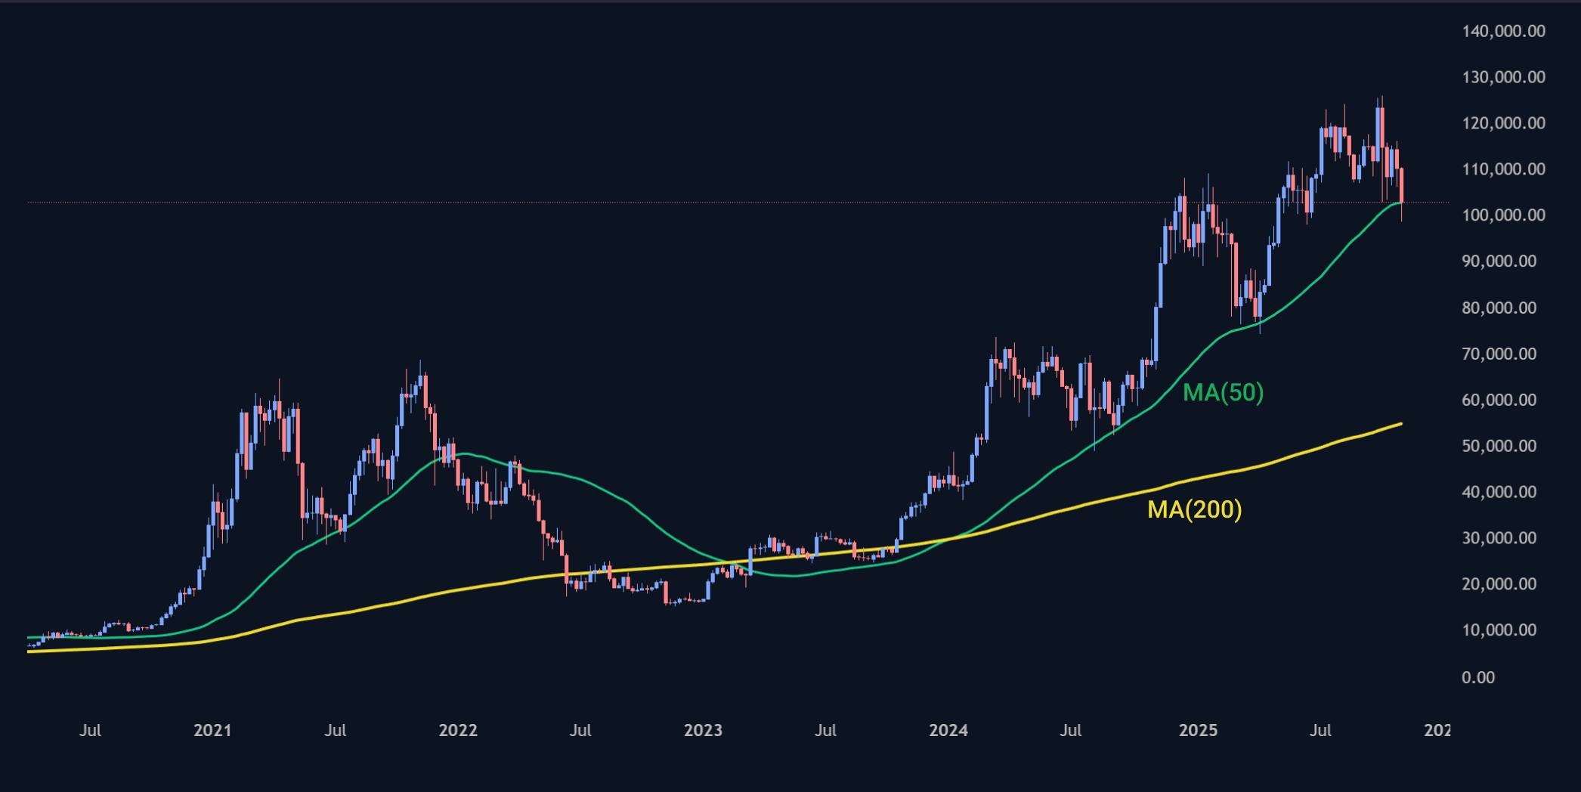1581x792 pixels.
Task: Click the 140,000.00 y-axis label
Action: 1503,31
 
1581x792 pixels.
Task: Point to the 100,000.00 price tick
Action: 1503,215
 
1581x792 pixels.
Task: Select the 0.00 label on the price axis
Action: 1478,677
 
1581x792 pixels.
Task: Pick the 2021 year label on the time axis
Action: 212,731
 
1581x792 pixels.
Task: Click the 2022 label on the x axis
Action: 458,731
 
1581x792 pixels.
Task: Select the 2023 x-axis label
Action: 703,731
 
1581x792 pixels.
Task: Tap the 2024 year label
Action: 948,731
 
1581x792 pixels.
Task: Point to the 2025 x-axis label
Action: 1198,731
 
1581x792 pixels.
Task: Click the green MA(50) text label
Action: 1223,393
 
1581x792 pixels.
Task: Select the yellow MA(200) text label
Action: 1194,510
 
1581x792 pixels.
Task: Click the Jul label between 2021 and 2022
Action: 335,731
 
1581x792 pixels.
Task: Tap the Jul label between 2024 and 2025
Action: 1070,731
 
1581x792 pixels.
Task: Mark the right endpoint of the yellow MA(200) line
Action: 1402,423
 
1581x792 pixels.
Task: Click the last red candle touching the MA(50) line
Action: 1402,186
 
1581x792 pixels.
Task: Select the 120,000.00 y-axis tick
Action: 1503,123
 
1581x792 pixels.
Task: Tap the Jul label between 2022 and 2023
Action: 580,731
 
